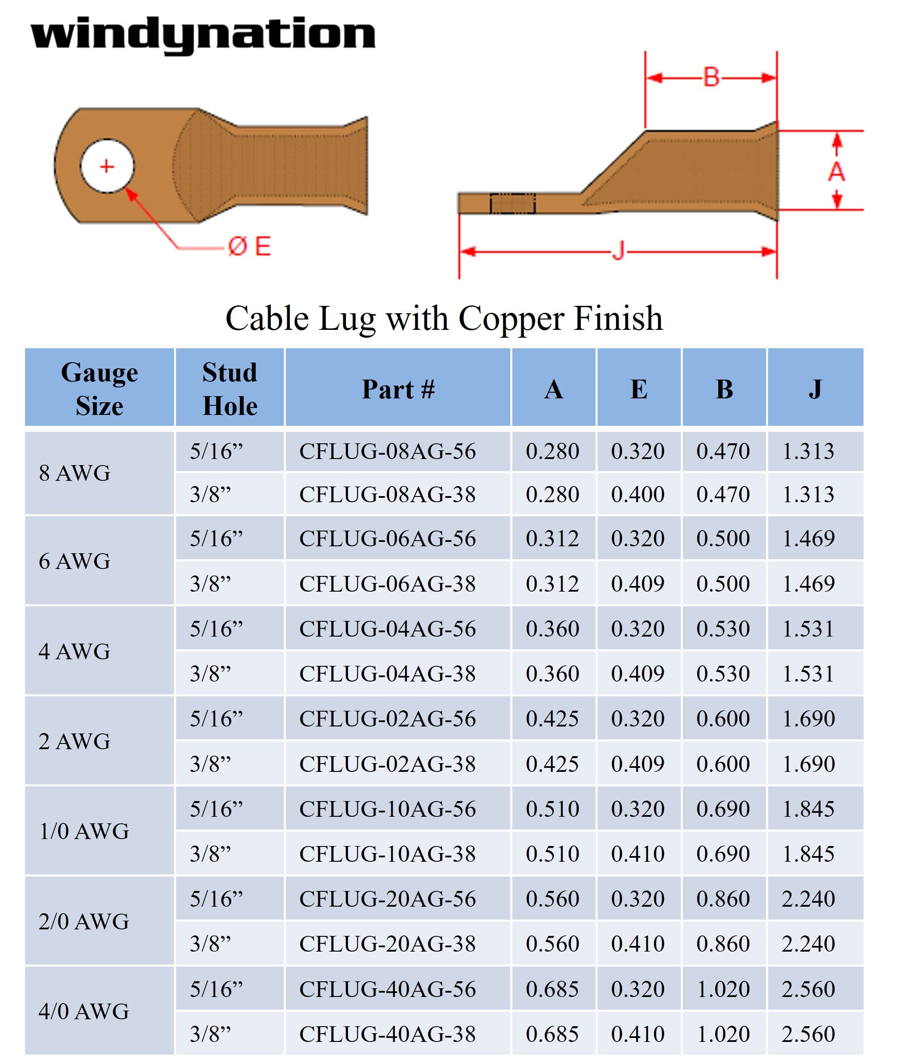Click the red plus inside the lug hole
[x=107, y=167]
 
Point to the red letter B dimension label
[x=711, y=78]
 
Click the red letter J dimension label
[x=619, y=252]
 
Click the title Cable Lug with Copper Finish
[x=444, y=319]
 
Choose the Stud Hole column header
[x=230, y=388]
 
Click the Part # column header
[x=398, y=389]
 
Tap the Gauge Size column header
[x=99, y=388]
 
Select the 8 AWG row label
[x=74, y=473]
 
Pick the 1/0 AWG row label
[x=84, y=831]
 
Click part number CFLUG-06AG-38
[x=387, y=584]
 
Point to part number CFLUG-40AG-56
[x=387, y=989]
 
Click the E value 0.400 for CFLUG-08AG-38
[x=637, y=494]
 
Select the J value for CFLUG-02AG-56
[x=808, y=718]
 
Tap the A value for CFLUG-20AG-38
[x=552, y=943]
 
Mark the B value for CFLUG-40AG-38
[x=723, y=1034]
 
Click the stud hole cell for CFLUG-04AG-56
[x=216, y=628]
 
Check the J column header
[x=815, y=388]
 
